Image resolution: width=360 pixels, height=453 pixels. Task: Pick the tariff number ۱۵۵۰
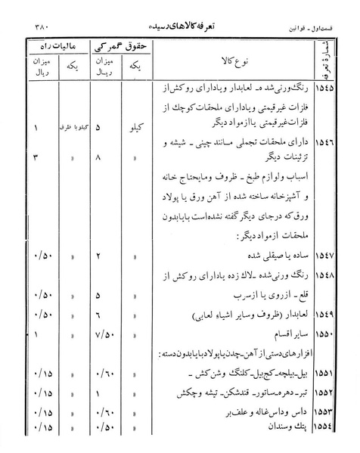click(330, 333)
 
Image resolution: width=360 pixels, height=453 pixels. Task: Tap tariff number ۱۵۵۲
click(330, 394)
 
